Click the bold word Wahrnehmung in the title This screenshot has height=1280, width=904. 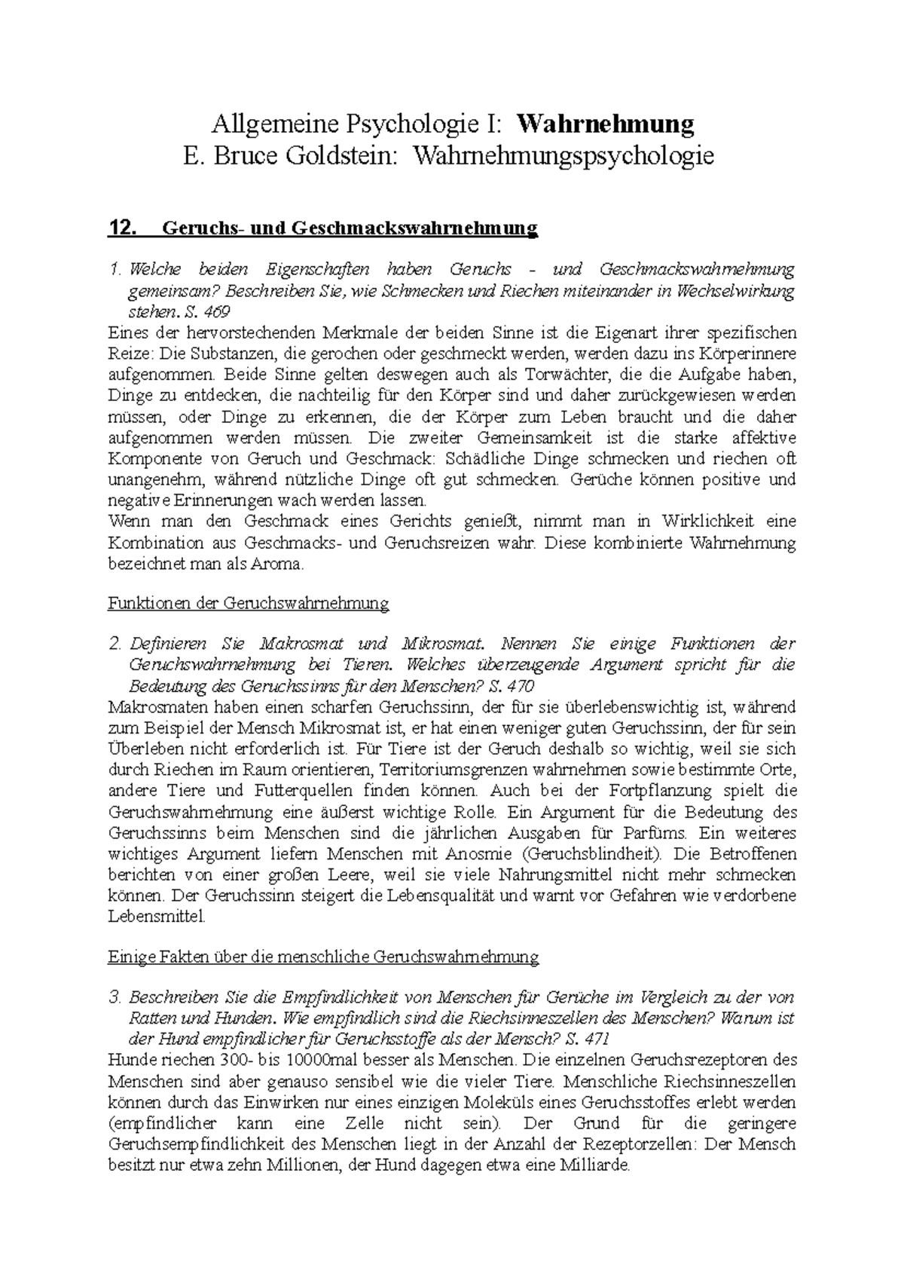[x=606, y=123]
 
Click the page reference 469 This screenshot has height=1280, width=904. [x=215, y=311]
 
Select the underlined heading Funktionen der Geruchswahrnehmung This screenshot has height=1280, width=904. [x=249, y=603]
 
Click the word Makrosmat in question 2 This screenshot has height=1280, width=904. [x=301, y=644]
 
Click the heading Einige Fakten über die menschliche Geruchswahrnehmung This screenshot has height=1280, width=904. [x=324, y=957]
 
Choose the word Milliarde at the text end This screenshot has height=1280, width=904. [x=593, y=1165]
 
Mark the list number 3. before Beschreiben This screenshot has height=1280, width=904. [x=115, y=997]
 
